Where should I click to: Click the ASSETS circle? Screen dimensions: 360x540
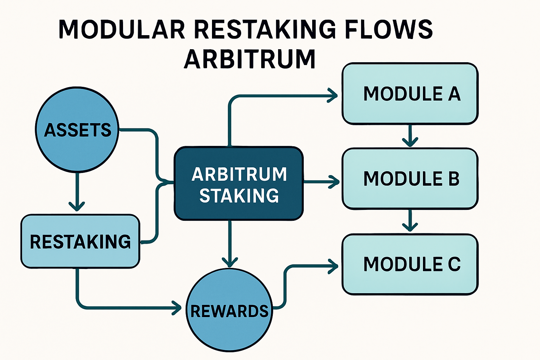click(77, 130)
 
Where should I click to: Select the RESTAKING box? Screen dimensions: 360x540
click(80, 242)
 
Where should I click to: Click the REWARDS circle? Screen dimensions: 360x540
click(229, 311)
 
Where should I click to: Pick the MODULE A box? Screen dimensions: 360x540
click(410, 94)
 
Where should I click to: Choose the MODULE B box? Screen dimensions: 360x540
click(410, 179)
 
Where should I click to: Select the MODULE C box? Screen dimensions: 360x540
click(410, 264)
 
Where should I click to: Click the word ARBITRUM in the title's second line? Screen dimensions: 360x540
click(250, 59)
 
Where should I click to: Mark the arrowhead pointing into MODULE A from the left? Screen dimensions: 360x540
click(333, 95)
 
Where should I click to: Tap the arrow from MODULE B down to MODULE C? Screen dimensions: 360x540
click(410, 221)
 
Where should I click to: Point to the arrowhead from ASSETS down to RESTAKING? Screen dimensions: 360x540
click(77, 205)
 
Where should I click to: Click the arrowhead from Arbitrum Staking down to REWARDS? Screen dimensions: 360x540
click(230, 262)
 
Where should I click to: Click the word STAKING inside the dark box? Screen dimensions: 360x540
click(239, 196)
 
